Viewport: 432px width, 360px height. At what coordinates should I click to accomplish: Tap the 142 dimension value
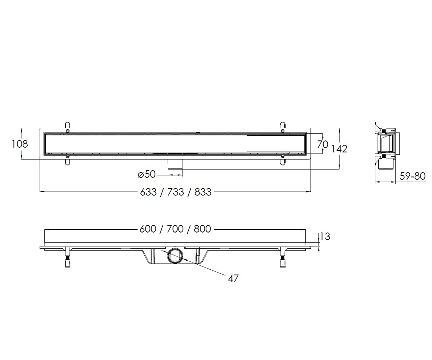[339, 149]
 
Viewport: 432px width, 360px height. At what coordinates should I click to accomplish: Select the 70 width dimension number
[323, 144]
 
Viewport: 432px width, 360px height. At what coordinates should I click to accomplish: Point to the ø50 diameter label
[147, 174]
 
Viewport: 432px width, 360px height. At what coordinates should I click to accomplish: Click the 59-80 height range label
[412, 176]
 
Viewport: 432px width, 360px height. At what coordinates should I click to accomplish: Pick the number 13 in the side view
[325, 237]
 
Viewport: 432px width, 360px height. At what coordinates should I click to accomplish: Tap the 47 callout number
[233, 279]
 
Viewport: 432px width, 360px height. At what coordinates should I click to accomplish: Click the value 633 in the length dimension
[148, 192]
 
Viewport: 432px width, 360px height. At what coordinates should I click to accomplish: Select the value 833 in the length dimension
[203, 192]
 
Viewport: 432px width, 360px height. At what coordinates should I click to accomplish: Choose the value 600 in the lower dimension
[148, 229]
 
